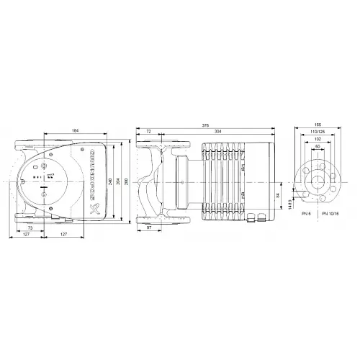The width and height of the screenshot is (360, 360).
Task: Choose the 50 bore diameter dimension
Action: (318, 149)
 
